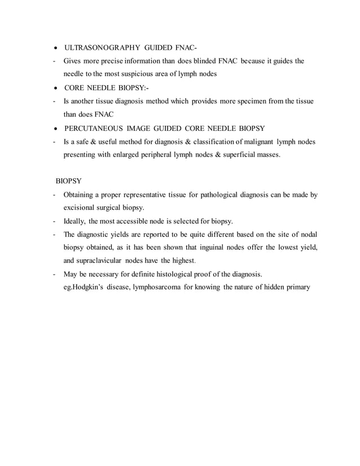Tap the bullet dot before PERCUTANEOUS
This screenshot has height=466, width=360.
[x=55, y=128]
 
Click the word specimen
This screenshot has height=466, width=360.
[x=245, y=100]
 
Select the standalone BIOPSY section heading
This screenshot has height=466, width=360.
[x=69, y=181]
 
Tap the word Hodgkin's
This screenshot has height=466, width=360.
[x=85, y=287]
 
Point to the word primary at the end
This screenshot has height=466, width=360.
[x=298, y=287]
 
